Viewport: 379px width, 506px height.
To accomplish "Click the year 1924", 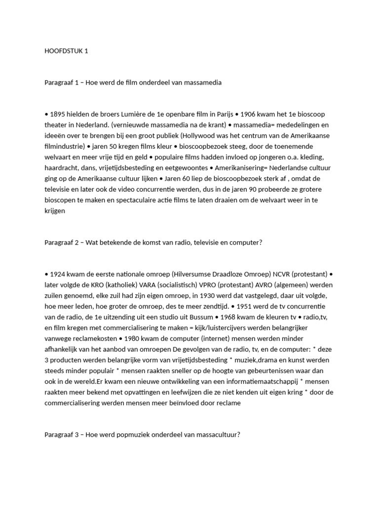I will [x=59, y=274].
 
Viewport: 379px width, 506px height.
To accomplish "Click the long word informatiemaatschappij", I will [x=257, y=381].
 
